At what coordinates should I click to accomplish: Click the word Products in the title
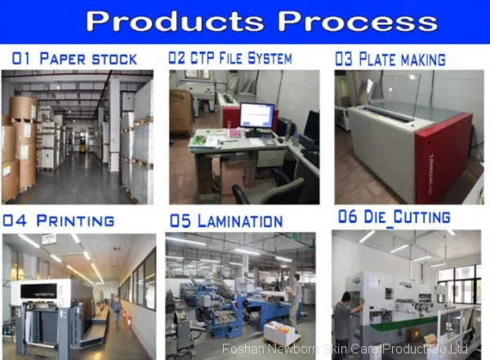(x=175, y=21)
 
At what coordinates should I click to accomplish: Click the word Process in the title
(x=358, y=21)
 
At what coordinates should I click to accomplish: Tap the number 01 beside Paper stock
(x=21, y=59)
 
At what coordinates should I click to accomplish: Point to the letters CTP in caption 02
(x=202, y=58)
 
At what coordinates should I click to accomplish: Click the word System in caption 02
(x=269, y=58)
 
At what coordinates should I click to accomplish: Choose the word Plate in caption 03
(x=376, y=59)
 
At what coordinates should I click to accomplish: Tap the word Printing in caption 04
(x=75, y=220)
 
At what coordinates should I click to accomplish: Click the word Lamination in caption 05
(x=240, y=220)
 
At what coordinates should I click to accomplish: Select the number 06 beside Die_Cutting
(x=347, y=216)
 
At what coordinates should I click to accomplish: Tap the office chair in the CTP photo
(x=268, y=191)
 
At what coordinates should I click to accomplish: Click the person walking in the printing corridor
(x=116, y=310)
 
